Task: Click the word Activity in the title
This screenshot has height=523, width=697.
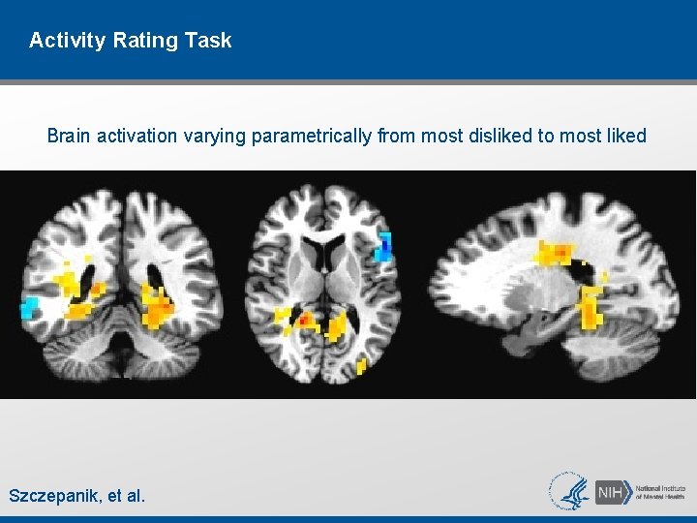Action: point(62,41)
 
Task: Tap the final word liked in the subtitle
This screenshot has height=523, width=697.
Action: point(624,136)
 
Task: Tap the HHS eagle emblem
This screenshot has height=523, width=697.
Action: point(569,491)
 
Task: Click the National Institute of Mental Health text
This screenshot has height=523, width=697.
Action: point(661,491)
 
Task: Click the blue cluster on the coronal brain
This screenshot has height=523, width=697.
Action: point(30,309)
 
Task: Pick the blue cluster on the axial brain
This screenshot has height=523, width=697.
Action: point(384,248)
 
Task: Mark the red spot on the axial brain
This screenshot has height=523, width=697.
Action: point(306,318)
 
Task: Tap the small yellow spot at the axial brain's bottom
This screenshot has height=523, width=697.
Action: point(361,367)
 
